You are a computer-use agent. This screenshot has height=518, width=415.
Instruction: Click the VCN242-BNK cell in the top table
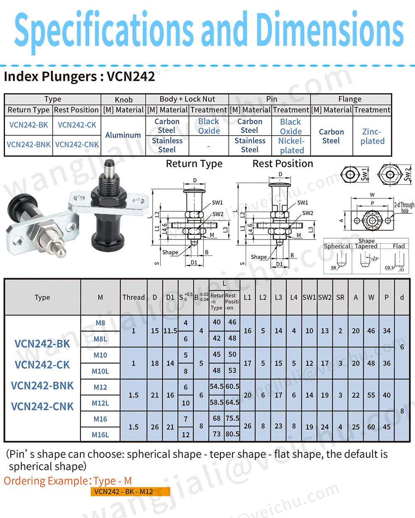tap(29, 145)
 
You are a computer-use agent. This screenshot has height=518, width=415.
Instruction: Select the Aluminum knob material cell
tap(123, 135)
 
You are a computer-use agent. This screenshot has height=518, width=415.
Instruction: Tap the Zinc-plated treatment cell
tap(372, 136)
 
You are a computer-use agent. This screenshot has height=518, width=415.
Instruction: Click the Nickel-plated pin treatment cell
tap(291, 145)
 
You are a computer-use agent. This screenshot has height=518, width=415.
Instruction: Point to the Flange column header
tap(350, 99)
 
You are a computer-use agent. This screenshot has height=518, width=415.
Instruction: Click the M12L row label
tap(100, 403)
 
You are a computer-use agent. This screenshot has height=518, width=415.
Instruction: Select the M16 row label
tap(100, 419)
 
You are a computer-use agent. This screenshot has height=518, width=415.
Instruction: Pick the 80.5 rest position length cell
tap(232, 434)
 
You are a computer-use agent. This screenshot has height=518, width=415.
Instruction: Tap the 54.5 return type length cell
tap(217, 386)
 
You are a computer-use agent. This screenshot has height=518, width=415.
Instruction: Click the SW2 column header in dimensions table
tap(325, 297)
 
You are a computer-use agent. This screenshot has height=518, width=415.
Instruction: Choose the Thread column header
tap(134, 297)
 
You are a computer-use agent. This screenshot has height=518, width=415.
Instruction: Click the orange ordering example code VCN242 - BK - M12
tap(130, 491)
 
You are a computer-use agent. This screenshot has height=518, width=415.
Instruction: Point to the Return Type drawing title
tap(194, 164)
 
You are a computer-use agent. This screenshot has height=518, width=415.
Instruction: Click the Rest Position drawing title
tap(283, 164)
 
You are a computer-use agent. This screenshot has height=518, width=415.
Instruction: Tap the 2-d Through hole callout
tap(404, 207)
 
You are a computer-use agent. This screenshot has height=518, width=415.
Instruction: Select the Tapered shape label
tap(366, 246)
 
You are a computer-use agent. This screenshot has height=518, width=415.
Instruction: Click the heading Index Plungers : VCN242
tap(79, 77)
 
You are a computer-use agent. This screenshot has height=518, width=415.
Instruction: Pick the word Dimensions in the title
tap(330, 30)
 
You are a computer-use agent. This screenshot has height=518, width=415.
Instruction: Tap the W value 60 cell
tap(371, 427)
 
